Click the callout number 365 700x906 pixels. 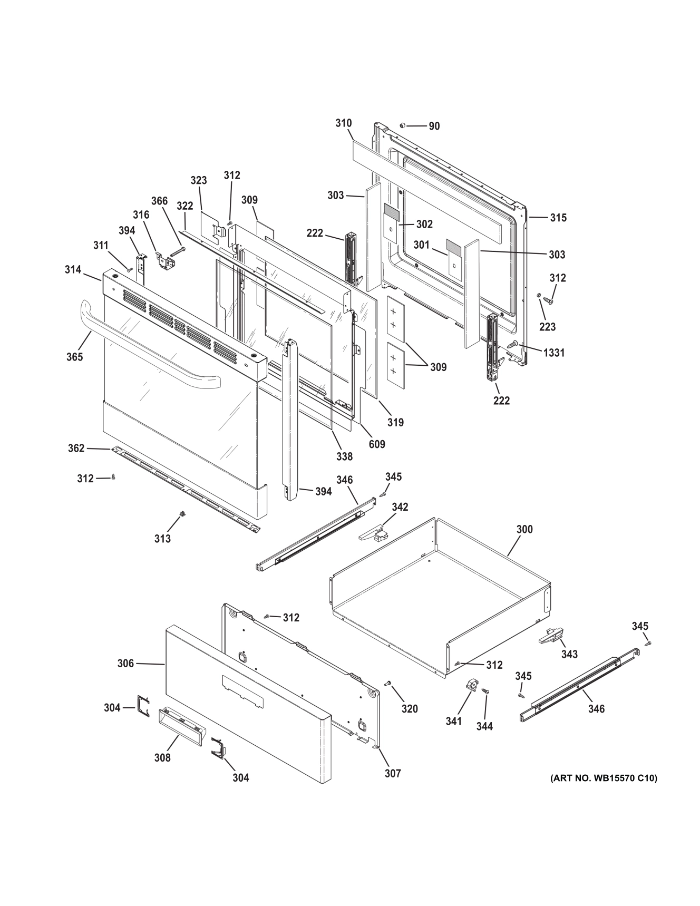[x=74, y=357]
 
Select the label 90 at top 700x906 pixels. [x=434, y=126]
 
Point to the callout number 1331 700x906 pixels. [x=554, y=353]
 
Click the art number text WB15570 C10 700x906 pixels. [x=604, y=778]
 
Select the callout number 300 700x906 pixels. [x=524, y=529]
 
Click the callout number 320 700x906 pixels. [x=410, y=709]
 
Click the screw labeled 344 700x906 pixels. [x=486, y=692]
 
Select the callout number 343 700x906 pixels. [x=569, y=654]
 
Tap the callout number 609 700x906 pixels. [x=377, y=444]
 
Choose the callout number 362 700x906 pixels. [x=76, y=448]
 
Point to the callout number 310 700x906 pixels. [x=343, y=123]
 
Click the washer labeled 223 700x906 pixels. [x=539, y=295]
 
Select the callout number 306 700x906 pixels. [x=125, y=664]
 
